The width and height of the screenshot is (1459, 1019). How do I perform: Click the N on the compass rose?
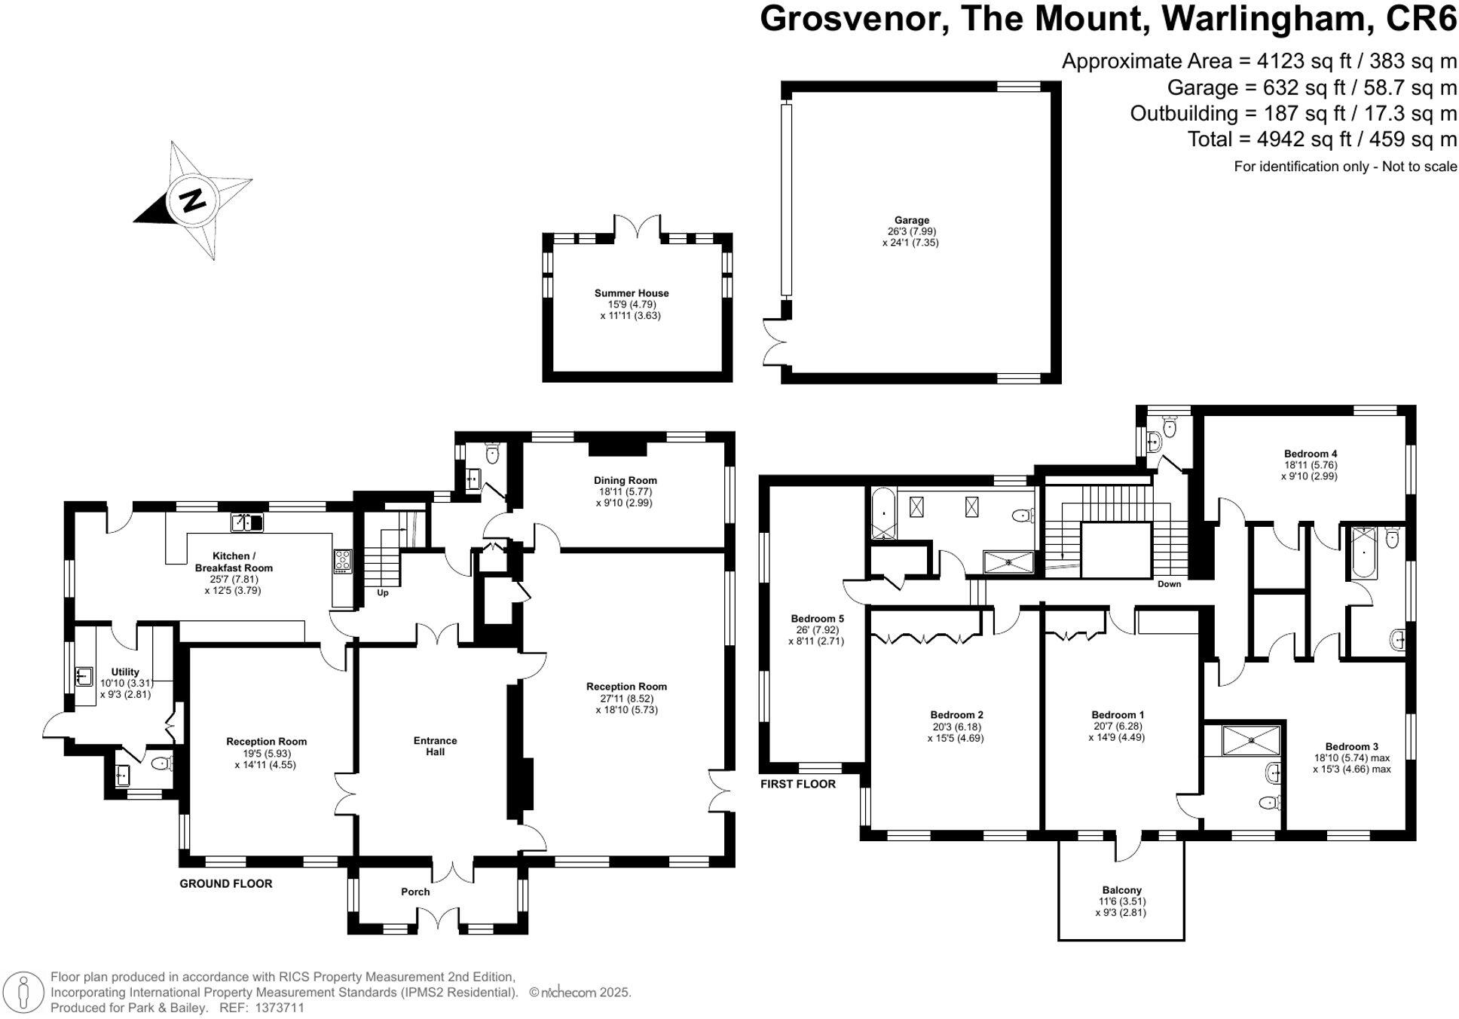point(194,201)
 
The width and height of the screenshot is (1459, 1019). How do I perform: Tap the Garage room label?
point(912,220)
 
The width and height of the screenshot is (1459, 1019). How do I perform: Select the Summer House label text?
point(631,293)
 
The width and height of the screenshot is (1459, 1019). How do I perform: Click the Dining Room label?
point(625,480)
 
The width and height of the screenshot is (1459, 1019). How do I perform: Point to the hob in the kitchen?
point(342,562)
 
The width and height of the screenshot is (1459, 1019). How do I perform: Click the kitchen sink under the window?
point(246,522)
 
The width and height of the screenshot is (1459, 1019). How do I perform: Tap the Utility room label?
point(125,672)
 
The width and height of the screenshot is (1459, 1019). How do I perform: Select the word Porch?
point(415,892)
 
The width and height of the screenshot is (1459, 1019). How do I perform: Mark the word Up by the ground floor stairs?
point(382,593)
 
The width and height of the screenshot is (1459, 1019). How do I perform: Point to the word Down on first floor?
point(1169,584)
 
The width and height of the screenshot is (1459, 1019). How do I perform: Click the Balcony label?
point(1121,890)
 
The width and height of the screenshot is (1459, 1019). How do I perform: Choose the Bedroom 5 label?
point(817,619)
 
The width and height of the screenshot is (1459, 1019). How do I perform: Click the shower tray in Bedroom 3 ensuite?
point(1251,740)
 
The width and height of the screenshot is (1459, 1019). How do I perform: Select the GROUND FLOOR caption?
point(225,883)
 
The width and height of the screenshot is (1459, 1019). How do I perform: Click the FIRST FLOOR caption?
point(797,784)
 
